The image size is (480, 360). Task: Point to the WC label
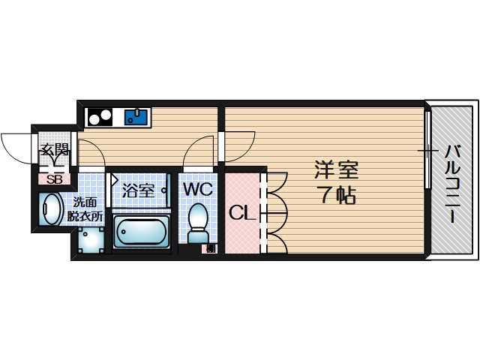[x=198, y=187]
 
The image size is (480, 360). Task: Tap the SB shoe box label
[x=55, y=179]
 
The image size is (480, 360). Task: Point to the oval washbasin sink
[x=52, y=209]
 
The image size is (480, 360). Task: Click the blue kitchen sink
[x=136, y=116]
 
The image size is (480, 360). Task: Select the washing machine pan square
[x=91, y=240]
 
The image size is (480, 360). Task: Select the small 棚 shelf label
[x=211, y=248]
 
